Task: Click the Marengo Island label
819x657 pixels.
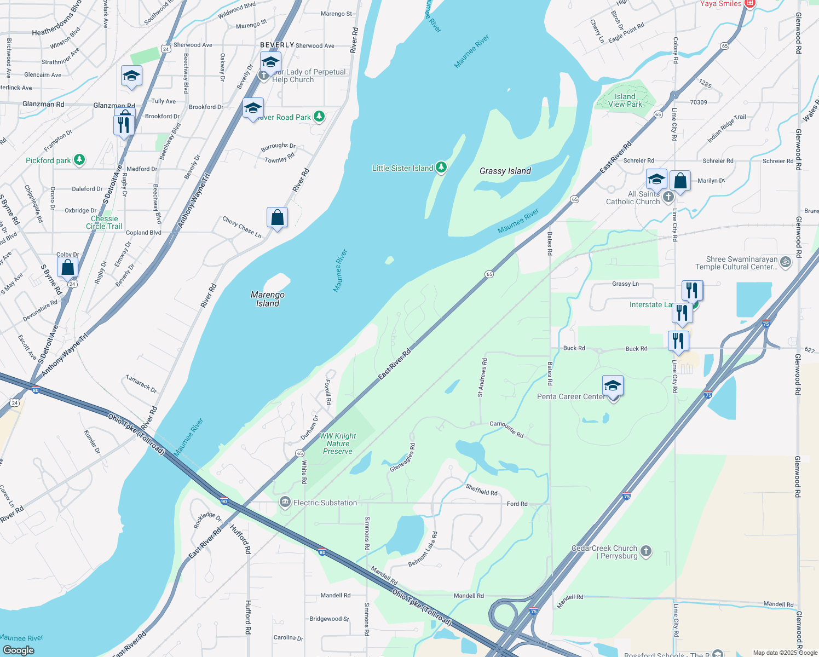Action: [x=268, y=299]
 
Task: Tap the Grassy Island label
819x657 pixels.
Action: [x=505, y=171]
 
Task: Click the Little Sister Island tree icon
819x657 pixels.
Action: [x=441, y=168]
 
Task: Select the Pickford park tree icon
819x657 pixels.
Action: [x=79, y=160]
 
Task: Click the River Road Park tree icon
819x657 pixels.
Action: [x=319, y=117]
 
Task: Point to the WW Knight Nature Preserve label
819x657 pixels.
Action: [x=338, y=443]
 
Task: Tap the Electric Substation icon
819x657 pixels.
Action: [x=285, y=502]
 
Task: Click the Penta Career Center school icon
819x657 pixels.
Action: [x=613, y=385]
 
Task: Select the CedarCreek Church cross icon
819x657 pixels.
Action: [x=646, y=551]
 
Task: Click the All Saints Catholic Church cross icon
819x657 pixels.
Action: [x=668, y=197]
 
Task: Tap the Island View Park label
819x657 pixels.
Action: [x=625, y=100]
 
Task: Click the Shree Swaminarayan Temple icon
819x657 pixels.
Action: [x=786, y=262]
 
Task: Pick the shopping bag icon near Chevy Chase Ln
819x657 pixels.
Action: [x=278, y=217]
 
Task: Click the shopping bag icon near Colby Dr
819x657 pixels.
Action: [x=68, y=267]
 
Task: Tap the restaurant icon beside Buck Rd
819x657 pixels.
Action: [x=678, y=340]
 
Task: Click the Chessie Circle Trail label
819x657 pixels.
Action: [x=104, y=222]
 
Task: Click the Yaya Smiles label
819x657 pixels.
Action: [x=720, y=4]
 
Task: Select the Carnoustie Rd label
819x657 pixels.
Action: [x=506, y=429]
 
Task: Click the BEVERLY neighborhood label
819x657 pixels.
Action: [x=277, y=45]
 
